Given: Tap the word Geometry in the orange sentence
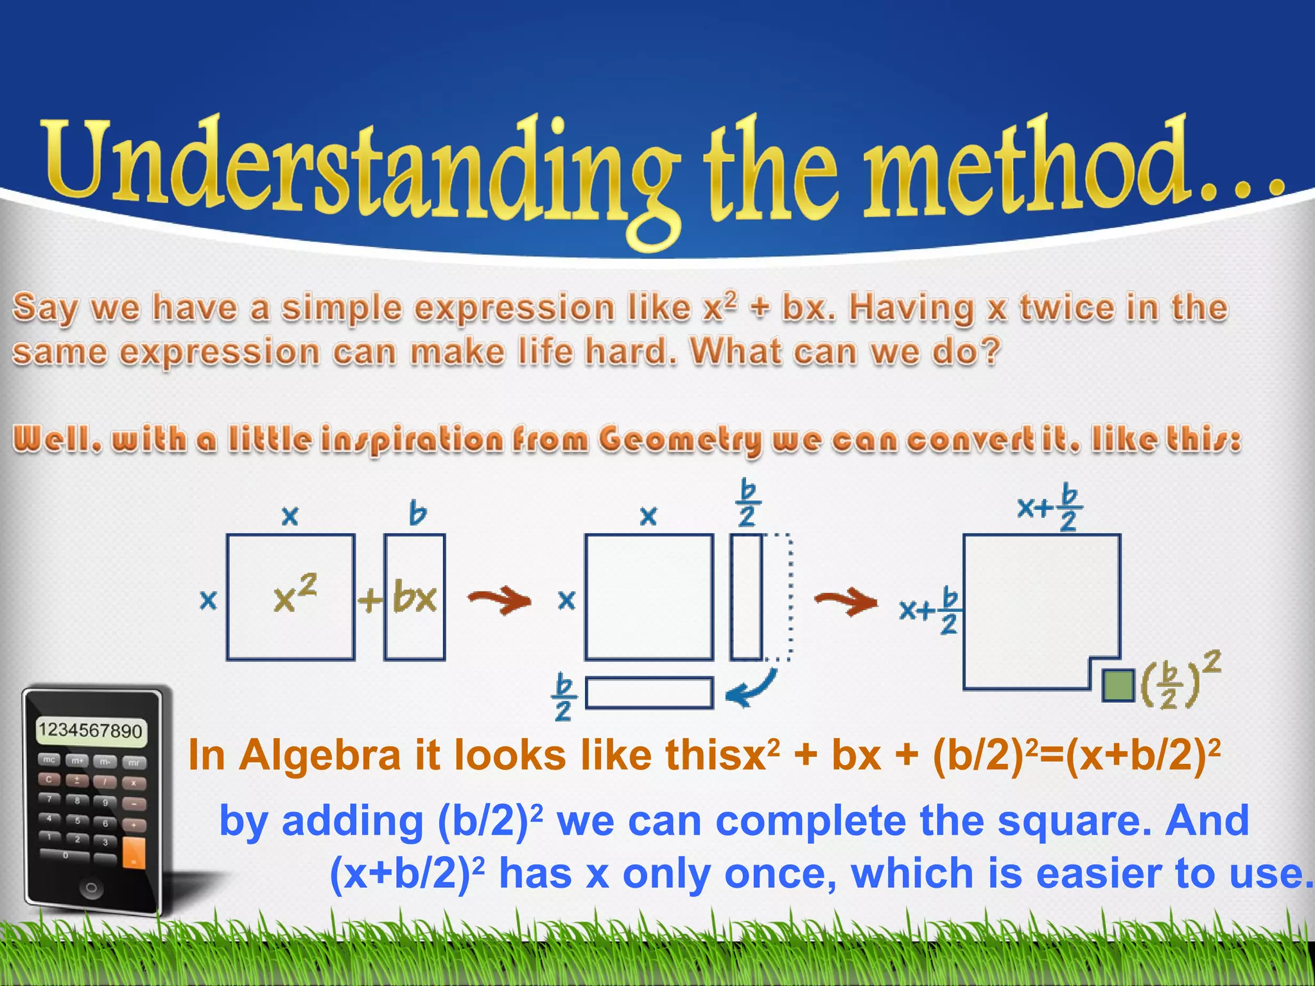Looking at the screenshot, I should [x=681, y=440].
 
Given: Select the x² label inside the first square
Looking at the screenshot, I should [x=295, y=594].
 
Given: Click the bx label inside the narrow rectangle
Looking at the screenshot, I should [x=415, y=597].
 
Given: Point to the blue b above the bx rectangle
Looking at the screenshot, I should [x=418, y=514].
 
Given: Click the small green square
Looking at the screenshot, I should [x=1118, y=685].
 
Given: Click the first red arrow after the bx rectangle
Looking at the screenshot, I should [x=500, y=601].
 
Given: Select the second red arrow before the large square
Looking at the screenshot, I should [x=846, y=602].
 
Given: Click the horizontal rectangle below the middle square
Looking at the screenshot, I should [x=649, y=693].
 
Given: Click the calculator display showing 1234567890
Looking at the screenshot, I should [x=91, y=731].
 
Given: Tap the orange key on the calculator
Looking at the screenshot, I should [x=134, y=852].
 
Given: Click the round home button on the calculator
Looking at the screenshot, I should [x=91, y=888].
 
